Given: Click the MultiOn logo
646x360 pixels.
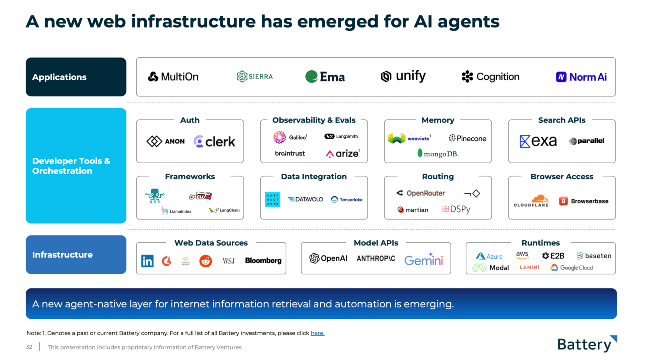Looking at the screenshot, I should pos(173,77).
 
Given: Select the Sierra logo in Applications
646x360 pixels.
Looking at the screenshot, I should pos(255,77).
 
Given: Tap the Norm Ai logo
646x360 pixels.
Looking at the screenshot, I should pos(581,77).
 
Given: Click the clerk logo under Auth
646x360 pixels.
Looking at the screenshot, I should pos(214,142).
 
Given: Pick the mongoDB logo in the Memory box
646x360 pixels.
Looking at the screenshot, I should pos(438,154).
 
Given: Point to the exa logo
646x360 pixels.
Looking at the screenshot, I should pos(538,141).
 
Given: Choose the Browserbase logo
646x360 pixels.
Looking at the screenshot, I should pos(584,201).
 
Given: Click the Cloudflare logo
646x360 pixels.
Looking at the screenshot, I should pos(532,201).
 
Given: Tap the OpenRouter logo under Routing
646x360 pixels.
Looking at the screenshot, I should pos(420,193).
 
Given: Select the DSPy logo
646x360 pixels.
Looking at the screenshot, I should pos(456,210).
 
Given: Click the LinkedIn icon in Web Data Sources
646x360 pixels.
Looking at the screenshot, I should pos(147,261).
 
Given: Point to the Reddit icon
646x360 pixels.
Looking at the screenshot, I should pos(205,261).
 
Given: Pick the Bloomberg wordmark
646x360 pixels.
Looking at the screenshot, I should pos(263,261).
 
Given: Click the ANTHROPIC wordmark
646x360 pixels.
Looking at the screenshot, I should pos(376,259).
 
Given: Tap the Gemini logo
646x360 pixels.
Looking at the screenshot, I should pos(424,260).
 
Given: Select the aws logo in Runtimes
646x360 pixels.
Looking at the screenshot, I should pos(522,255).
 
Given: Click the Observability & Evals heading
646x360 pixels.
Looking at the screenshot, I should pos(314,120).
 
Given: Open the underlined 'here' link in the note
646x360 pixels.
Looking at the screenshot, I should pos(317,333).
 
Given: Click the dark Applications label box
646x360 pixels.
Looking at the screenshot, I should pos(76,77).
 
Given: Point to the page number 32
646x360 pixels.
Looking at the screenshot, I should pos(29,347).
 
